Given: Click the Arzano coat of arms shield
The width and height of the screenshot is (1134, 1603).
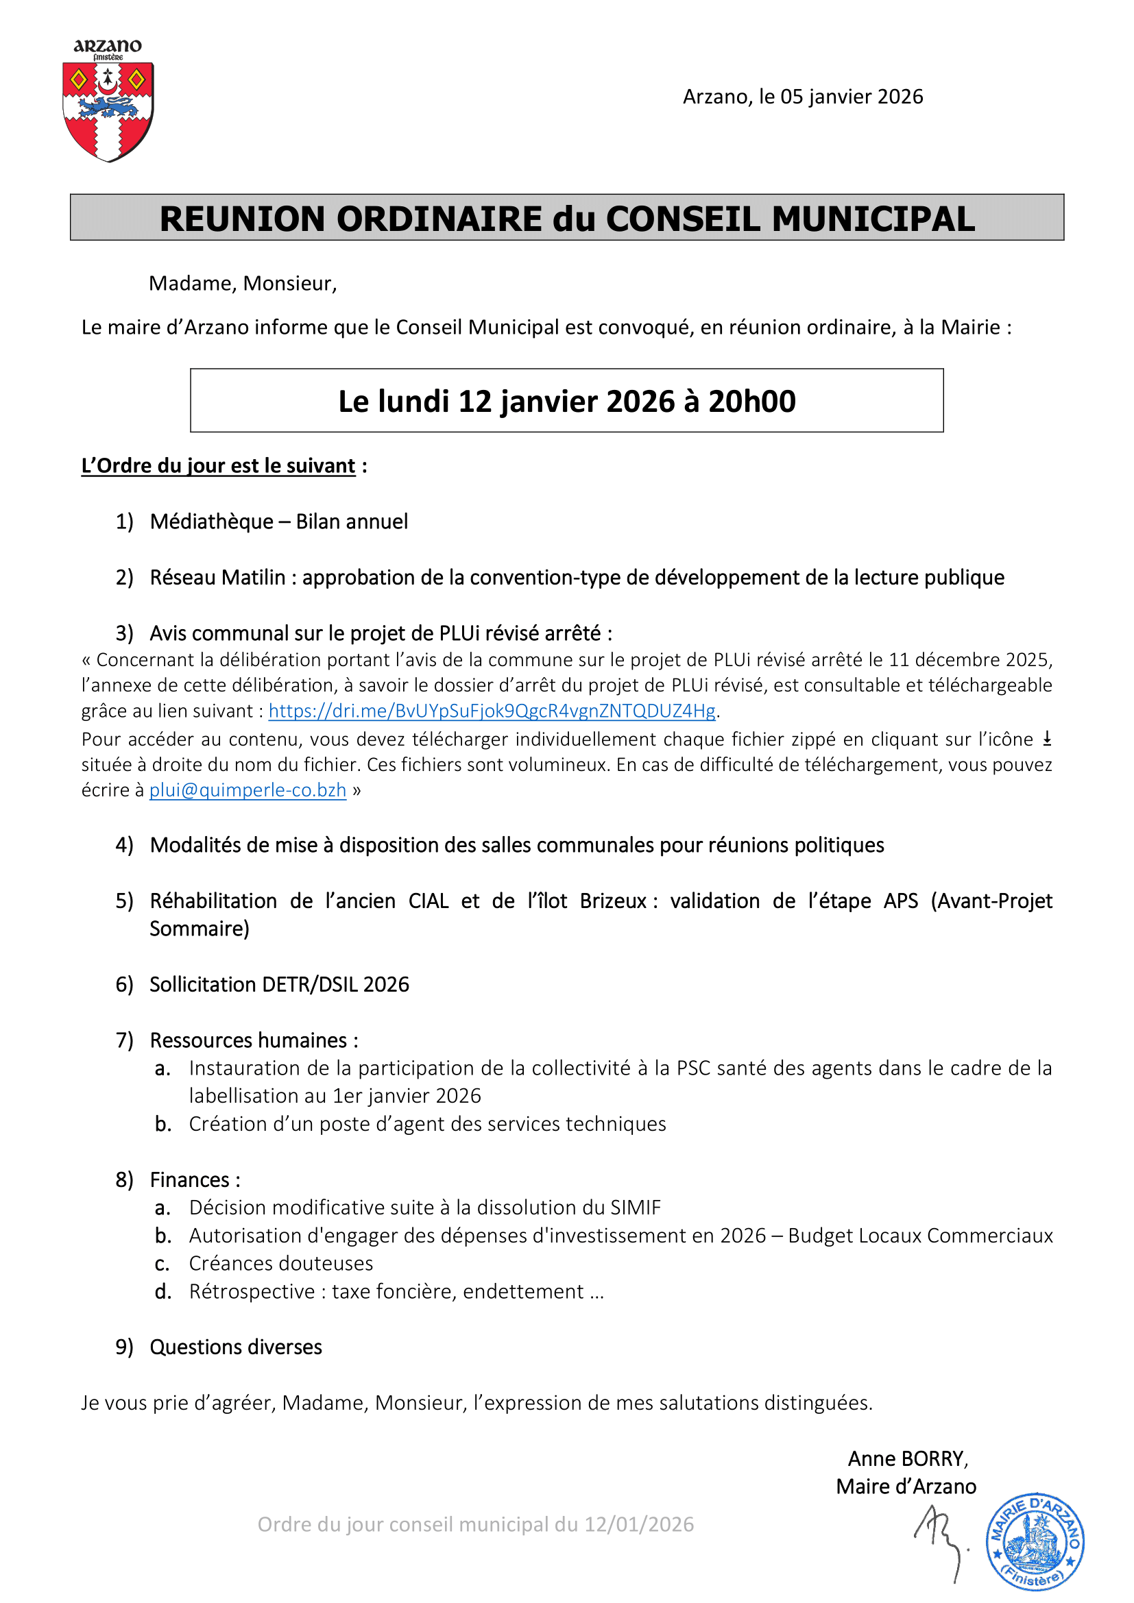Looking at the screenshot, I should (108, 110).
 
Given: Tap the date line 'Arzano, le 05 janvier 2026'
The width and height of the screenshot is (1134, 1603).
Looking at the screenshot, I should (802, 97).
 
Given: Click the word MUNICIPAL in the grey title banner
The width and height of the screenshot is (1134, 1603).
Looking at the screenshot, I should (873, 219).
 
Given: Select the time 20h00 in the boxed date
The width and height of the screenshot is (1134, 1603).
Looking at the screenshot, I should (752, 402).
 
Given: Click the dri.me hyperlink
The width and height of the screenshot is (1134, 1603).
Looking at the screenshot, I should (492, 711).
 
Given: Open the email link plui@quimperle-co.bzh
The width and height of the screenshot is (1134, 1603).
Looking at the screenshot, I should (248, 790).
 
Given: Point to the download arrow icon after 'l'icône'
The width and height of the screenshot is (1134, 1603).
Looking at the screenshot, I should (1047, 739).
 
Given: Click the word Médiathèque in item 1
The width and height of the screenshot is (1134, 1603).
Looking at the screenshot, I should (212, 522).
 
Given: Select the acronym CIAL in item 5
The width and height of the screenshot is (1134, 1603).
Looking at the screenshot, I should (429, 901).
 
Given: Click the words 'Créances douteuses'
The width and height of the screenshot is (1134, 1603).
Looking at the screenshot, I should (280, 1263).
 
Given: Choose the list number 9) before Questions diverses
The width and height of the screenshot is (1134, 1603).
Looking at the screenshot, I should (124, 1347).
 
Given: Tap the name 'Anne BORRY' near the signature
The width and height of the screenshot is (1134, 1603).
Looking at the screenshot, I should (908, 1458).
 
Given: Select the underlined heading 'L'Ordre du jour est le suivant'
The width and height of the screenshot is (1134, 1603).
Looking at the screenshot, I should (219, 465).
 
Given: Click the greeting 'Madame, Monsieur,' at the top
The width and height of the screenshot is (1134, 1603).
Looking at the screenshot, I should (242, 284).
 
